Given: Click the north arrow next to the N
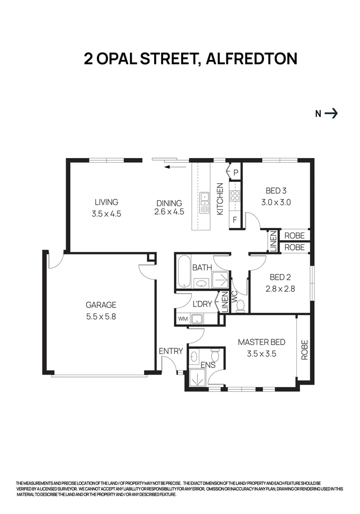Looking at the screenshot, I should point(331,113).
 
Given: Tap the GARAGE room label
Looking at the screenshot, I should point(101,305).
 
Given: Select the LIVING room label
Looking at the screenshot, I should point(106,202).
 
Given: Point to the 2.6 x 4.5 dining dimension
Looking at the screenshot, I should point(169,212).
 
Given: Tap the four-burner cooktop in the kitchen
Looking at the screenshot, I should point(234,197).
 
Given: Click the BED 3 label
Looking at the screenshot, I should point(276,191).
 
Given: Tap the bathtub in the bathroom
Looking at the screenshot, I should point(184,271).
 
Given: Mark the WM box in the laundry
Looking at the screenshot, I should point(183,318).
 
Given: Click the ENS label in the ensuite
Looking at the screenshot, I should point(208,365).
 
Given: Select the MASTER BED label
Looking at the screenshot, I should point(262,342).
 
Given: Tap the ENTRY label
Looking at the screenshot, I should point(171,351).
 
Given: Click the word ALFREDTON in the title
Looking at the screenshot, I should point(251,59).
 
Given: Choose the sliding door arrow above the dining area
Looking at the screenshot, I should point(172,167).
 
